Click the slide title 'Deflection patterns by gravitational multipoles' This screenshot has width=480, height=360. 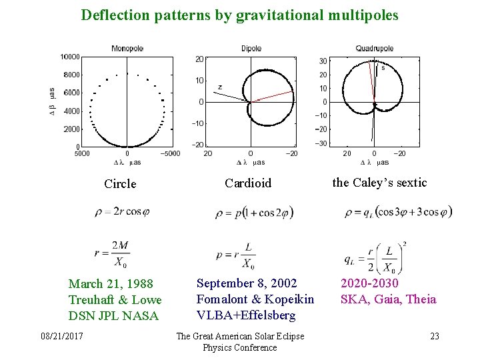(x=239, y=14)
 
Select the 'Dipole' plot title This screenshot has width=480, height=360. (x=251, y=48)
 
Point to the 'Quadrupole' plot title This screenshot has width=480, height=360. (x=374, y=48)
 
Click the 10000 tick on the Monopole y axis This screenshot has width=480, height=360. (x=70, y=57)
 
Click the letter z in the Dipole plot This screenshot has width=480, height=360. (x=220, y=87)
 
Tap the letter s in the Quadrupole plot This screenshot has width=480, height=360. (x=383, y=67)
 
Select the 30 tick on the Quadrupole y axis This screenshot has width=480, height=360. (x=323, y=61)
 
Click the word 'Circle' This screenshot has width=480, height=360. (x=120, y=184)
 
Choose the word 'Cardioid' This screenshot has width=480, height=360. (x=248, y=183)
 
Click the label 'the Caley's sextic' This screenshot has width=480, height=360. (x=379, y=183)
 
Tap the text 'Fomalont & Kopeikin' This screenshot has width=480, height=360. (x=246, y=299)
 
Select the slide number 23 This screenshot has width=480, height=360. (x=434, y=336)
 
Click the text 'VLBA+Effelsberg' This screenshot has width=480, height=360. (x=236, y=315)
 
